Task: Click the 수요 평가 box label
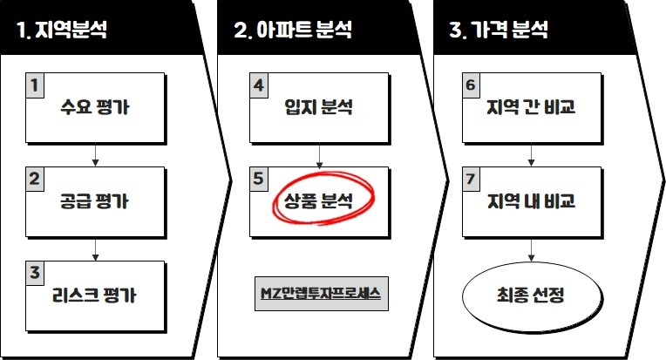pyautogui.click(x=95, y=110)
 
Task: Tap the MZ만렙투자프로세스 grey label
pyautogui.click(x=322, y=293)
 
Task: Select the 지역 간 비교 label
pyautogui.click(x=531, y=110)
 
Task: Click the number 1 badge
pyautogui.click(x=34, y=86)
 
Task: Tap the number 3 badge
pyautogui.click(x=34, y=272)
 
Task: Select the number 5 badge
pyautogui.click(x=258, y=179)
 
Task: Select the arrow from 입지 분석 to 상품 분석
pyautogui.click(x=321, y=155)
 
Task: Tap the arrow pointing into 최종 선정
pyautogui.click(x=531, y=253)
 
